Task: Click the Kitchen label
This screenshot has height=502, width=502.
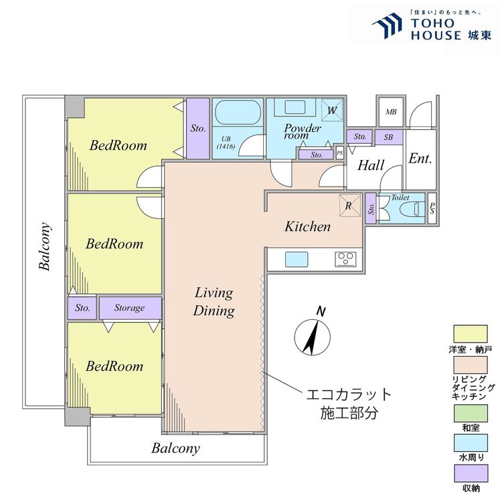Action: [x=307, y=227]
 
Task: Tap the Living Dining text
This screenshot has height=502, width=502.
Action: [x=214, y=302]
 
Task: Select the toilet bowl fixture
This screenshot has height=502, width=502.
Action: [x=409, y=209]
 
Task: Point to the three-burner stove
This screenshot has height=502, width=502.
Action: [x=346, y=259]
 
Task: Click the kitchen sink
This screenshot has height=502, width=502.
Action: [x=297, y=259]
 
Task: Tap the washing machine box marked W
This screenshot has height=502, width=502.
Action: [x=332, y=110]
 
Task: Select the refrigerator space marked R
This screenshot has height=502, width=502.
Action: [x=350, y=205]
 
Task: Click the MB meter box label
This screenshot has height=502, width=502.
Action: [x=391, y=112]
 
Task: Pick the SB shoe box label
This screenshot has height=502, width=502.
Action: [x=388, y=137]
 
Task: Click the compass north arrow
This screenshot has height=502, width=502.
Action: [x=312, y=337]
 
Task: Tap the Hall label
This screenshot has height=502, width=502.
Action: [x=371, y=165]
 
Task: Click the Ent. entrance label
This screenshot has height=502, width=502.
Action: [x=420, y=159]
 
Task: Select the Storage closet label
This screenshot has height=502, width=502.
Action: [x=129, y=308]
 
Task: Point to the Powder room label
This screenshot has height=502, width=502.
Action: [x=303, y=131]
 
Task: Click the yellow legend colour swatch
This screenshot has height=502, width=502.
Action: [x=471, y=334]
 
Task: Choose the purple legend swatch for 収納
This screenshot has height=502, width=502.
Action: [x=471, y=473]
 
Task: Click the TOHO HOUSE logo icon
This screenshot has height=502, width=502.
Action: [x=388, y=25]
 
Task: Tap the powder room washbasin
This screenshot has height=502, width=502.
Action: [x=295, y=107]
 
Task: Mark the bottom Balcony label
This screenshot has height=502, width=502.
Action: [x=176, y=448]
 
